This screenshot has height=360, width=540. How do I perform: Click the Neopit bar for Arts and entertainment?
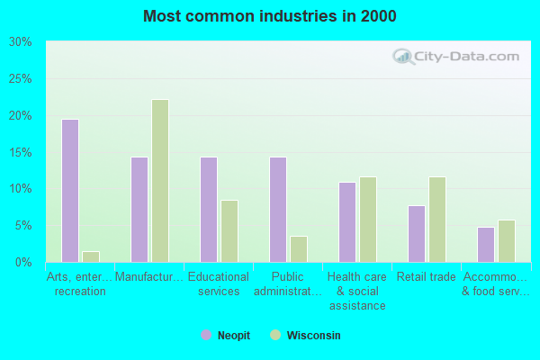click(70, 191)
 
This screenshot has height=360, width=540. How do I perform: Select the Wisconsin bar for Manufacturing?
click(160, 181)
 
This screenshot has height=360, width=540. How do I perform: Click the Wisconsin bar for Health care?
click(368, 220)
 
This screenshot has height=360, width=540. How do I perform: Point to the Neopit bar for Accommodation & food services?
click(486, 245)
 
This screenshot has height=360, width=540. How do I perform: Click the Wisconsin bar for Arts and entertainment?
click(91, 256)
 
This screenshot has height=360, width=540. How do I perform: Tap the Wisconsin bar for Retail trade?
click(437, 220)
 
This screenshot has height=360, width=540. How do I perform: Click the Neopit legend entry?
click(226, 336)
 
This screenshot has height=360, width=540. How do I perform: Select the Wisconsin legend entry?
click(305, 336)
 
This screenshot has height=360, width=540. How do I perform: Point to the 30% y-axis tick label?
click(21, 42)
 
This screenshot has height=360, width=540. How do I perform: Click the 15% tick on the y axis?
click(21, 152)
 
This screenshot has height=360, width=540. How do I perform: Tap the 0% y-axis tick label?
click(23, 262)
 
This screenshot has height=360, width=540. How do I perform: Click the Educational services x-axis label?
click(219, 284)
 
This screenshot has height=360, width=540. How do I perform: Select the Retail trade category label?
click(427, 277)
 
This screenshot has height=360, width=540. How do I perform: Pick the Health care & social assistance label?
click(357, 292)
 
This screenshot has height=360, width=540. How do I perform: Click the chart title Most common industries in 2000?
click(270, 16)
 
